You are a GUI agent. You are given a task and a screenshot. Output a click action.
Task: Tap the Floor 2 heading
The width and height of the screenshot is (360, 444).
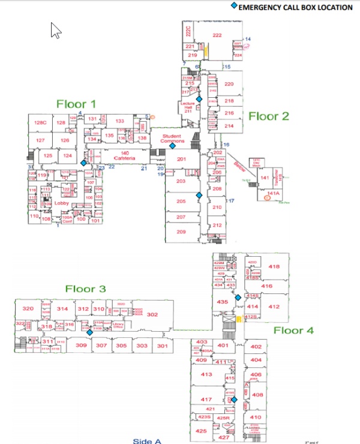point(268,116)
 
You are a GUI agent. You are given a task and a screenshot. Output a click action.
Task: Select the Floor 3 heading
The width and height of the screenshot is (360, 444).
point(85,289)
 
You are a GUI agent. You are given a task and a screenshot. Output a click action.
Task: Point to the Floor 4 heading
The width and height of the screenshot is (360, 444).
point(293,330)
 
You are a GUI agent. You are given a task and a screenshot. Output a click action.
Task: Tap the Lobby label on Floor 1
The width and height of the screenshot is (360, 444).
point(62,202)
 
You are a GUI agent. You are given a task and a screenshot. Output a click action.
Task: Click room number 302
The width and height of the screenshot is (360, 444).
point(152,314)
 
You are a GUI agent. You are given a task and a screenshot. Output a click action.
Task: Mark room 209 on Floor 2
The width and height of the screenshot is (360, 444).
point(181,232)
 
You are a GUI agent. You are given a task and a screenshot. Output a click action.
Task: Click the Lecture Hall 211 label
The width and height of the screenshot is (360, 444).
point(188,107)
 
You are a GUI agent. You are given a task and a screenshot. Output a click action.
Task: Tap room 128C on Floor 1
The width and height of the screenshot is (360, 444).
point(40,123)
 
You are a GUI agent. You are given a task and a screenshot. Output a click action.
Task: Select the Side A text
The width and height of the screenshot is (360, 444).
point(148,441)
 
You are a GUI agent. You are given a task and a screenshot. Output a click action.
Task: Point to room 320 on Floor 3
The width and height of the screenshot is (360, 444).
point(27,308)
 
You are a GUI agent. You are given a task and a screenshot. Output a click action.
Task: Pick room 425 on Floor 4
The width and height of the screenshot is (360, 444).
point(202,431)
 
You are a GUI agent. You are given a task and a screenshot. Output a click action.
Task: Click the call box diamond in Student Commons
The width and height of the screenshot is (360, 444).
point(172,146)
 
